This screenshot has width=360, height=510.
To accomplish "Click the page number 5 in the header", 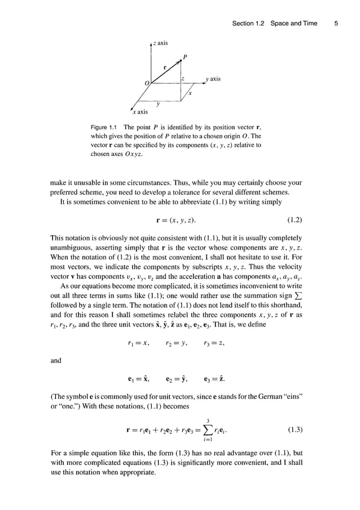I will [336, 23].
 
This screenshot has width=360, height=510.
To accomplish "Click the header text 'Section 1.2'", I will [249, 23].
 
